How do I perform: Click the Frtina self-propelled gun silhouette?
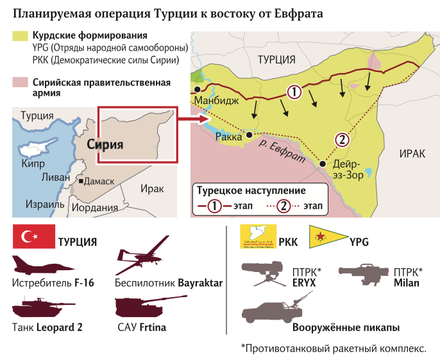(x=143, y=306)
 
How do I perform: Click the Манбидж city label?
(x=216, y=101)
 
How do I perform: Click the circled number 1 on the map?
(x=293, y=92)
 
